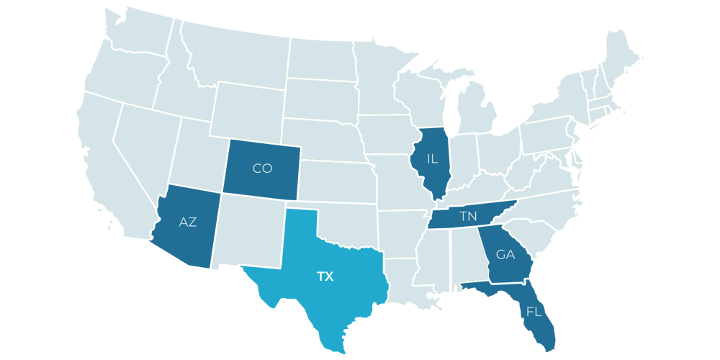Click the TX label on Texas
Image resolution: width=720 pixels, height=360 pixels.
point(325,276)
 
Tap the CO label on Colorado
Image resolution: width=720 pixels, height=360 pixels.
point(261,168)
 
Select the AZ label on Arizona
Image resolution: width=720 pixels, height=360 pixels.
point(187,222)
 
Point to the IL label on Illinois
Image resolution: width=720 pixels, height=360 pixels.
point(432,158)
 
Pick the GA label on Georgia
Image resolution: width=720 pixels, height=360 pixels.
point(505,253)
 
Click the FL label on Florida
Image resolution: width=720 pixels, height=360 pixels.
point(534,312)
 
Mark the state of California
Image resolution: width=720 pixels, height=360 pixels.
point(108,180)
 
